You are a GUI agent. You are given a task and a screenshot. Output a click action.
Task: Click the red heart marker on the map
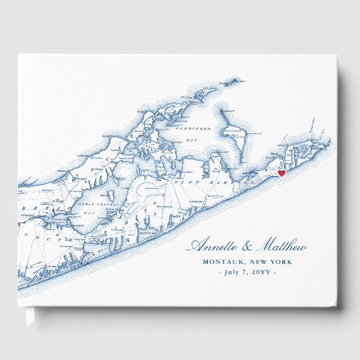(x=282, y=173)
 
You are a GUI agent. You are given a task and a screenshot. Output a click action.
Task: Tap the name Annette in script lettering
(x=214, y=246)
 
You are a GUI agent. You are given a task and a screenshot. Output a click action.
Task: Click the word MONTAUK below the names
(x=224, y=262)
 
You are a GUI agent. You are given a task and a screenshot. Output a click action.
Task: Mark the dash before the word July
(x=219, y=272)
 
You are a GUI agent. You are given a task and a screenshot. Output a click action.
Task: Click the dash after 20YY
(x=273, y=272)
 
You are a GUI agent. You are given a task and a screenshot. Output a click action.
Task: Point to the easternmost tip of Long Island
(x=330, y=134)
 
